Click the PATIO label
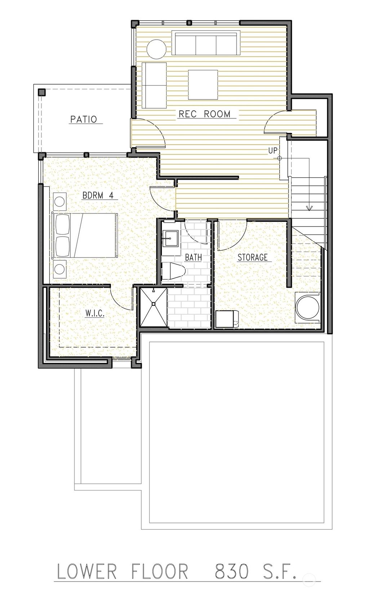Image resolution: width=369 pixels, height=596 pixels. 84,119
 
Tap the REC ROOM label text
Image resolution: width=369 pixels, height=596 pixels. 204,114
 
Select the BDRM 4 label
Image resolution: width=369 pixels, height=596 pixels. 98,195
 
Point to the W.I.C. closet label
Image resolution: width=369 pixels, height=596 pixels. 95,313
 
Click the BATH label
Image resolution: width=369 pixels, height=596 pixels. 193,257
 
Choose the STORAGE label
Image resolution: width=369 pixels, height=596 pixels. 253,257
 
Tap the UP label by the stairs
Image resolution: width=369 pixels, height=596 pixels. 272,150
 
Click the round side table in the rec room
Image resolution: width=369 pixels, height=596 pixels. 156,49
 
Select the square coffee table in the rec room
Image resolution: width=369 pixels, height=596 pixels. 203,85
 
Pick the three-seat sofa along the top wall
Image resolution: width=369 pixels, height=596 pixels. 206,44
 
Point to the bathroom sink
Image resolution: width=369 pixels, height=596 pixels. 170,238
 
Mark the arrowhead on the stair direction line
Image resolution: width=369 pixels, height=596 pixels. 309,208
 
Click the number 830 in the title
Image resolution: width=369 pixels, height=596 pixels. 232,572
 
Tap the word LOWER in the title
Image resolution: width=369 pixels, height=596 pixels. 87,572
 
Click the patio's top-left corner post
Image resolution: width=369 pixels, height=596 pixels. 42,92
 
